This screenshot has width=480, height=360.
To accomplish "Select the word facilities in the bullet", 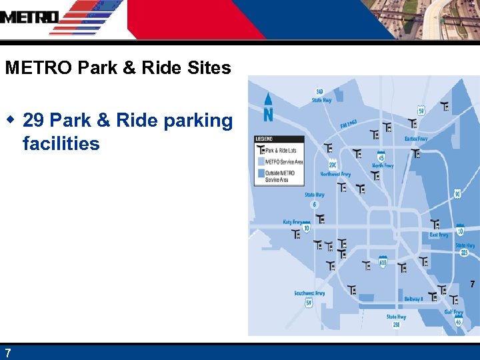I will (x=61, y=143).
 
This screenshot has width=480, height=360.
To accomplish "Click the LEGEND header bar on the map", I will (x=279, y=139).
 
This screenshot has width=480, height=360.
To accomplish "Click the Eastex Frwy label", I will (x=415, y=139).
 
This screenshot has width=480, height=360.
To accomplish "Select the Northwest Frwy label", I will (x=335, y=174).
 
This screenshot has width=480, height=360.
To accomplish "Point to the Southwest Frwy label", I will (x=310, y=293).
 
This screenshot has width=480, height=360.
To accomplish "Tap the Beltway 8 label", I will (x=413, y=299).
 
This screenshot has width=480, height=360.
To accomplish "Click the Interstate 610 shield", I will (x=383, y=263).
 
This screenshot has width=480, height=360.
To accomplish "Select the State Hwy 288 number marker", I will (x=396, y=325).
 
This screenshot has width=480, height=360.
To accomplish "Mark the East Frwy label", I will (x=439, y=235).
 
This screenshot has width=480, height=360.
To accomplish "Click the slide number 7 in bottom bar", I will (x=7, y=353).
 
